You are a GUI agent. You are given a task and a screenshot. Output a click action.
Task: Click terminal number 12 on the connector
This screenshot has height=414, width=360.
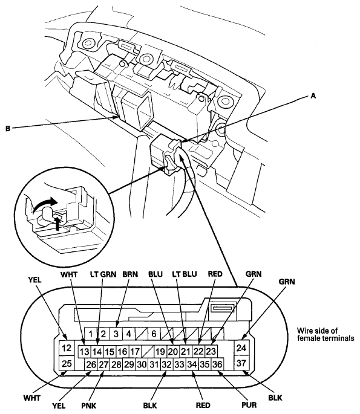(67, 348)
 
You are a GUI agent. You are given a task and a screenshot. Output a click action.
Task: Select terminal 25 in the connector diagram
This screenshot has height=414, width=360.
(67, 363)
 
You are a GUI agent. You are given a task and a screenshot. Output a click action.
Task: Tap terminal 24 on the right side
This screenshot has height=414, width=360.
(241, 348)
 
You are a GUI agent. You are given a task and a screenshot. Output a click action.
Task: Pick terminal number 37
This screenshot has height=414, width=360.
(241, 363)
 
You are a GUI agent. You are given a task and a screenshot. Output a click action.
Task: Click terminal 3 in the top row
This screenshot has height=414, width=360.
(116, 334)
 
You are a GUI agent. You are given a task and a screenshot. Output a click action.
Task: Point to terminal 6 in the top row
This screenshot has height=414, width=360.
(154, 334)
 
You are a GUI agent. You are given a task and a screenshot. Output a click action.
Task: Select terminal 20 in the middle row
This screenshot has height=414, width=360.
(173, 351)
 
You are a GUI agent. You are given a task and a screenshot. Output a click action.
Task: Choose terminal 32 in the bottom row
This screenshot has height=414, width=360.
(166, 364)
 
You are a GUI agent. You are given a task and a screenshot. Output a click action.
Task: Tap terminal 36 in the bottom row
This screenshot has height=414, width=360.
(217, 364)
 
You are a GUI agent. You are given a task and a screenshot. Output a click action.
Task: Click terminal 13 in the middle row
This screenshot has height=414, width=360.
(85, 351)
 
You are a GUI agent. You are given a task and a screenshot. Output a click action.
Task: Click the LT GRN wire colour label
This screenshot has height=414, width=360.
(103, 274)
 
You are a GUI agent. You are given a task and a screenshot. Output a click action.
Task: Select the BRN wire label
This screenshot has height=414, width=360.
(130, 274)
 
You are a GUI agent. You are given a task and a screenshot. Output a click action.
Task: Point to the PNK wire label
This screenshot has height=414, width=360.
(89, 405)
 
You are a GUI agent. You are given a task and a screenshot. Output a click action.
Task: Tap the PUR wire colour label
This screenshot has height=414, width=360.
(249, 404)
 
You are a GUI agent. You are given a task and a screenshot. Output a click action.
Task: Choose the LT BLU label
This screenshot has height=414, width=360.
(185, 274)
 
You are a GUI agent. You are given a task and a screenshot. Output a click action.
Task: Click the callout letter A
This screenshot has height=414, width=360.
(313, 96)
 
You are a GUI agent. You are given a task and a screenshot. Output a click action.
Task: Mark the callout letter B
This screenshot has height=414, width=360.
(8, 129)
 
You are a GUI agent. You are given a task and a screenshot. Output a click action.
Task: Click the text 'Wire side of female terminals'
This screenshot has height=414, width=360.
(326, 335)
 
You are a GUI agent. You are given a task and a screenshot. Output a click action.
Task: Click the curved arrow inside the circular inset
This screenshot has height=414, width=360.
(44, 205)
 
